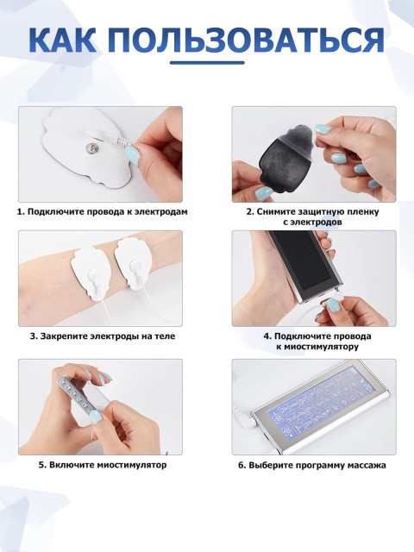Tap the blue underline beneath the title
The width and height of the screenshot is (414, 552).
pos(206,61)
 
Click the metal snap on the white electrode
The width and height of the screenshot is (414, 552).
pos(90,150)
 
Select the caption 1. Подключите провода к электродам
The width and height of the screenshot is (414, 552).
pos(103,211)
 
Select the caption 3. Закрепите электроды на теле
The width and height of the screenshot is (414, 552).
pos(103,336)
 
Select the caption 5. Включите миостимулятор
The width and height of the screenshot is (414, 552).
pos(103,464)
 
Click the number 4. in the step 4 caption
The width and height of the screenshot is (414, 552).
pos(267,336)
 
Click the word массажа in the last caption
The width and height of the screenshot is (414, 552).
pos(367,465)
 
